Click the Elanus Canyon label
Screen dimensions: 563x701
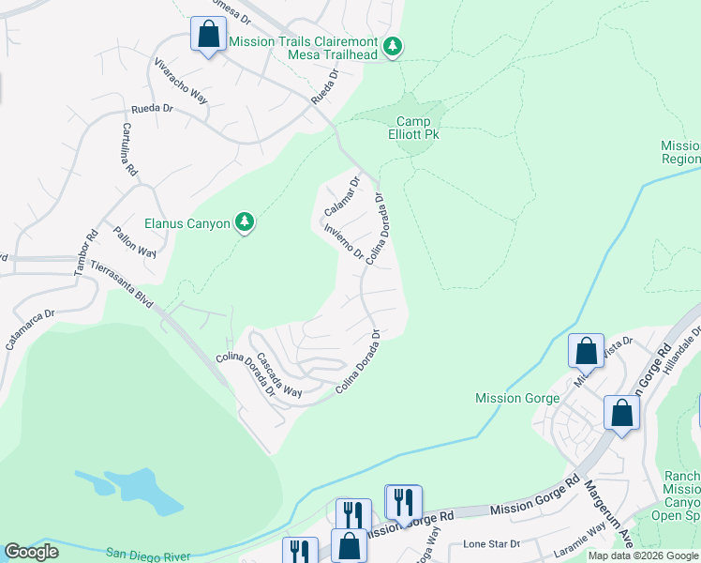tap(187, 223)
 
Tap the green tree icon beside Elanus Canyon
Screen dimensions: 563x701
tap(245, 221)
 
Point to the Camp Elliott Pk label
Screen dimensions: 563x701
tap(418, 129)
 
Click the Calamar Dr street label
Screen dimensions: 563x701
tap(342, 197)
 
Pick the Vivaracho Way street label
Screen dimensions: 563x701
tap(181, 82)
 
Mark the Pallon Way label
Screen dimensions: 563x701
tap(134, 242)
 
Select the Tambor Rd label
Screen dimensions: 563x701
tap(85, 253)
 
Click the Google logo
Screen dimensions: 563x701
tap(32, 552)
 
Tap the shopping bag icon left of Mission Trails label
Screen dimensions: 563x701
tap(208, 36)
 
